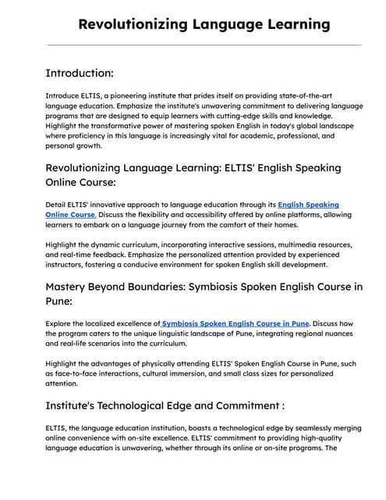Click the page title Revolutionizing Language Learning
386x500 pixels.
tap(204, 24)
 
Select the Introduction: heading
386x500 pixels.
tap(80, 73)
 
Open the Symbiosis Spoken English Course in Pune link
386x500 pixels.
tap(235, 323)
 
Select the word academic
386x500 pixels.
tap(250, 135)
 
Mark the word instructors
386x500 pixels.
tap(70, 264)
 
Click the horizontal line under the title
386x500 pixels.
tap(204, 45)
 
